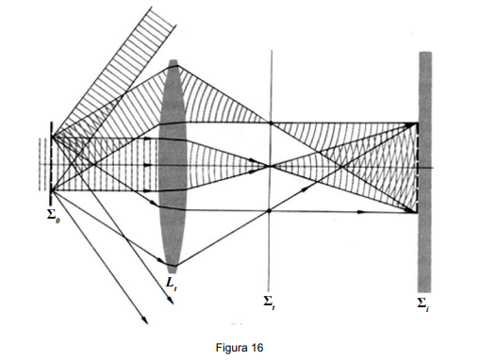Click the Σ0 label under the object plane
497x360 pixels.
click(53, 216)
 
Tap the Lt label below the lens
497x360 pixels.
click(172, 283)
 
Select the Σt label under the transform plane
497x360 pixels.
click(269, 303)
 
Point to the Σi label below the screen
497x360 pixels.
click(423, 304)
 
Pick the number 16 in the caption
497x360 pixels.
click(257, 348)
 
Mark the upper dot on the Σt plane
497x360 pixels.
click(271, 123)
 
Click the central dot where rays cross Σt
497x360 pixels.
click(271, 166)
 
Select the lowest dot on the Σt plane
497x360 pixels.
click(269, 211)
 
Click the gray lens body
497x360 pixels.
click(174, 166)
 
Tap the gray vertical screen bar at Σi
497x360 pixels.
click(425, 172)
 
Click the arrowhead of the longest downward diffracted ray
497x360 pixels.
click(145, 320)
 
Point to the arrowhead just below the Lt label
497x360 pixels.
click(171, 300)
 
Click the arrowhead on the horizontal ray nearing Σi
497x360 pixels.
click(361, 212)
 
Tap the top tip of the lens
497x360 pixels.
click(174, 59)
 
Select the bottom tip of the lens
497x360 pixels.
click(173, 272)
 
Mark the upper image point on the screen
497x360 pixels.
click(415, 123)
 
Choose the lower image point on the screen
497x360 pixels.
click(415, 211)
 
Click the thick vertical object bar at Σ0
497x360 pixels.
click(51, 163)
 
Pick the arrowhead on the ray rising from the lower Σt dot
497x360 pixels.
click(305, 189)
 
